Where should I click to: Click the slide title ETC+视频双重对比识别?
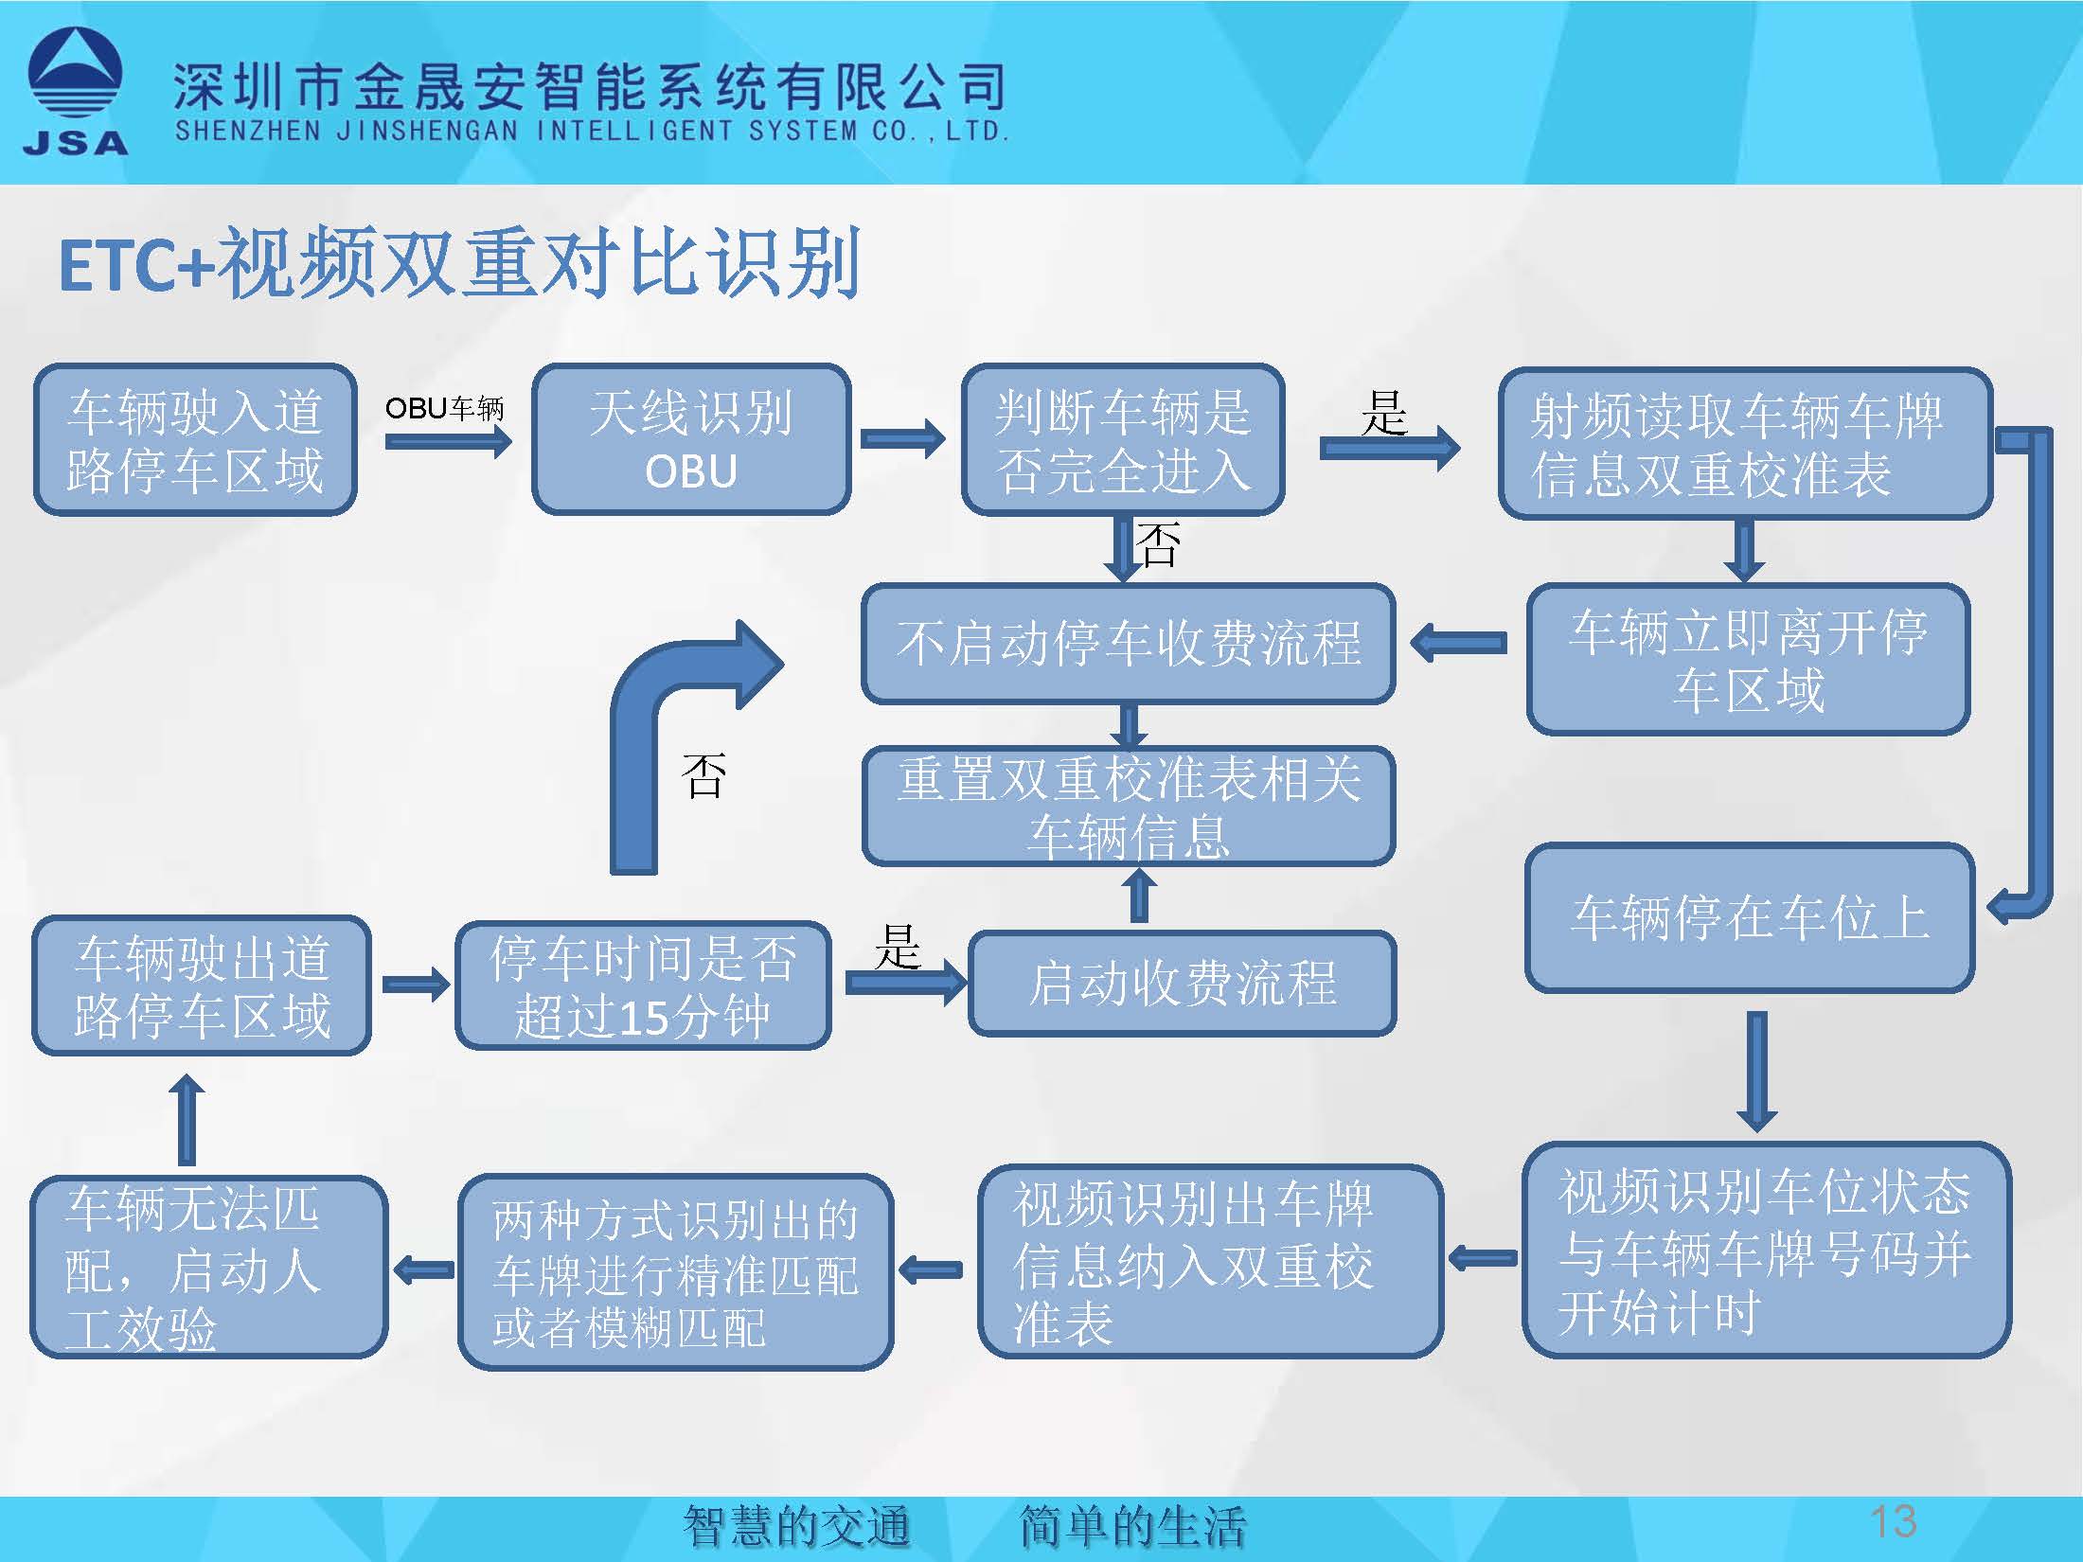pos(459,263)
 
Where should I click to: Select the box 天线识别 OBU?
pos(691,440)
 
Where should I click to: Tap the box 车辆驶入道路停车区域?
pos(195,440)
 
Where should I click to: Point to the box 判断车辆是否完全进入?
pos(1123,440)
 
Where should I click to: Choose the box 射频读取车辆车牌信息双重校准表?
pos(1745,443)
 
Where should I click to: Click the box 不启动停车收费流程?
pos(1128,643)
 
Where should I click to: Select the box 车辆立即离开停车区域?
pos(1748,660)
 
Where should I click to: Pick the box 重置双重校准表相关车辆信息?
pos(1128,807)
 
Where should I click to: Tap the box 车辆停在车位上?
pos(1750,917)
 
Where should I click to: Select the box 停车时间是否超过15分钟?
pos(643,985)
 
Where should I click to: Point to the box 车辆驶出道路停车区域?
pos(202,985)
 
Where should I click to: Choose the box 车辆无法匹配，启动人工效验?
pos(208,1267)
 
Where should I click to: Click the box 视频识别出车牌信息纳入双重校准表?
pos(1210,1262)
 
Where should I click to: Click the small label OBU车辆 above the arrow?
pos(444,408)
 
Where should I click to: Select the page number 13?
pos(1893,1521)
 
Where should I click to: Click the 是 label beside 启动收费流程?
pos(897,947)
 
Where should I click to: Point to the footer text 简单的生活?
pos(1132,1526)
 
